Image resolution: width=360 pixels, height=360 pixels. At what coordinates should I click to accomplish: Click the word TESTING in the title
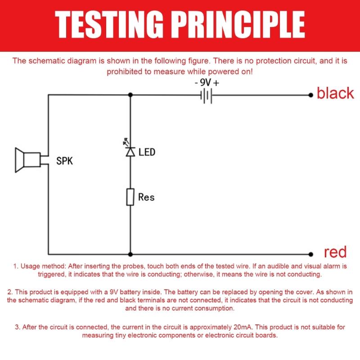(x=109, y=24)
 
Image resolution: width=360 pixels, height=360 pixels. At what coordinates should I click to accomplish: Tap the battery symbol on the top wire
(x=207, y=95)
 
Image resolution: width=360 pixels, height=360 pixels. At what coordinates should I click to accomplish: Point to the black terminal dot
(x=311, y=95)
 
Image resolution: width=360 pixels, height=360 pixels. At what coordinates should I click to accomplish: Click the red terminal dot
(x=311, y=254)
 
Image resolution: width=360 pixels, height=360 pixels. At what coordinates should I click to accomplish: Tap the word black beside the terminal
(x=335, y=93)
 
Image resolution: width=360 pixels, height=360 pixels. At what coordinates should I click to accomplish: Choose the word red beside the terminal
(x=335, y=252)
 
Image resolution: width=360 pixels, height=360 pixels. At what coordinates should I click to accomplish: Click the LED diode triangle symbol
(x=130, y=152)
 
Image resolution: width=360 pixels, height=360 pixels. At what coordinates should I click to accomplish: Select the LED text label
(x=147, y=152)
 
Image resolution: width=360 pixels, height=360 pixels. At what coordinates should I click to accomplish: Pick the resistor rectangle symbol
(x=130, y=197)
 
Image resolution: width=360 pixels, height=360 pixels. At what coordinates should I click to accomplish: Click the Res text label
(x=147, y=197)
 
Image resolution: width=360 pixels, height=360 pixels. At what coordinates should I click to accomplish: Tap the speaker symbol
(x=28, y=160)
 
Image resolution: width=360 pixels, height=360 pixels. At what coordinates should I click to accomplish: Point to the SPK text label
(x=64, y=161)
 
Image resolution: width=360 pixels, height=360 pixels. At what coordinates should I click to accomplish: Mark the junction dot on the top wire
(x=130, y=95)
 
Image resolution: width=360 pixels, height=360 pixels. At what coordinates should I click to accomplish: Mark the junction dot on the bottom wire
(x=130, y=254)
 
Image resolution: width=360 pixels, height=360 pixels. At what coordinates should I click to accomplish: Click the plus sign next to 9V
(x=216, y=83)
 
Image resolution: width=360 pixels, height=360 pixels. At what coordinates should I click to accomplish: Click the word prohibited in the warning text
(x=125, y=72)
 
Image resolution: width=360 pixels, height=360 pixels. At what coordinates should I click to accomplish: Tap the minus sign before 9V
(x=196, y=83)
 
